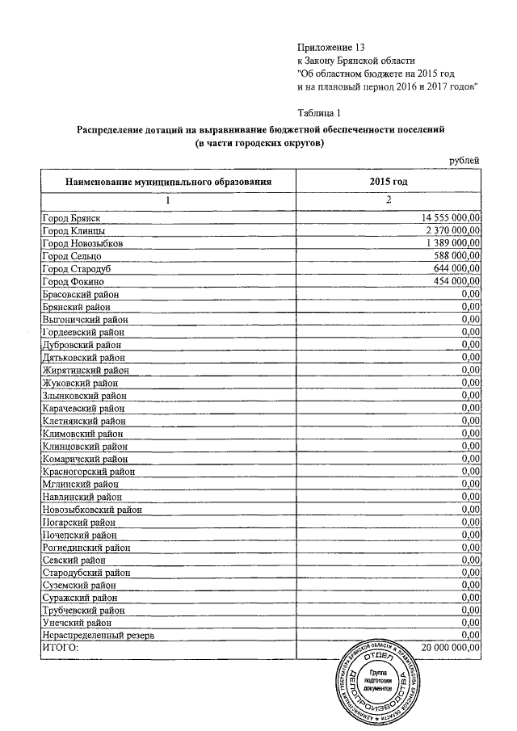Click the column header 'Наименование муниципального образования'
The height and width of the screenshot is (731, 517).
tap(168, 182)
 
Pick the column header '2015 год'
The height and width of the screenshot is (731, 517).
tap(389, 182)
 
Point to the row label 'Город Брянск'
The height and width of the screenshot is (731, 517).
tap(70, 218)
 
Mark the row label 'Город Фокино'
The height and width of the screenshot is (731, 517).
tap(71, 280)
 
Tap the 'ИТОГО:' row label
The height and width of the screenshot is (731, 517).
tap(61, 648)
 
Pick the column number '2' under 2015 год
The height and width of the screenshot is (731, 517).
tap(389, 200)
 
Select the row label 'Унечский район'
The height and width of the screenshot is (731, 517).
tap(77, 623)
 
